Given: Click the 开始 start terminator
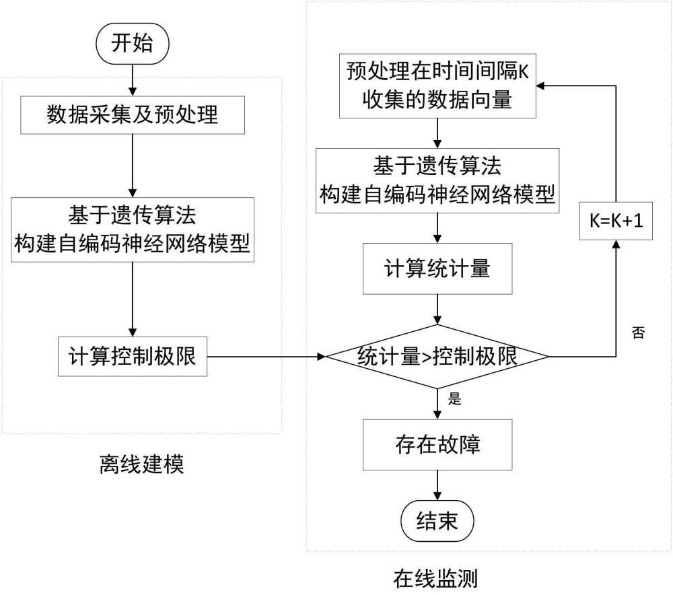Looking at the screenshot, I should pos(133,44).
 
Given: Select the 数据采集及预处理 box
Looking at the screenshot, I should pos(133,114).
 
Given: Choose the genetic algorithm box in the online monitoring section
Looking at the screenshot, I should pos(438,181).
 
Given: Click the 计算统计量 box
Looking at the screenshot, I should pos(438,269).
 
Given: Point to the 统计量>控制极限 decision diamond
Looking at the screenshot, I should pos(438,356).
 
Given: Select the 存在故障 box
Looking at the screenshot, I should pos(438,445).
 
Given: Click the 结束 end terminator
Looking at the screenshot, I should pos(438,521).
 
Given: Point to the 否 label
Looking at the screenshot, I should pos(638,332).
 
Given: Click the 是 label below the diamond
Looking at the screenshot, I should pos(456,399).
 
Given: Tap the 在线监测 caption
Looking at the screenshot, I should pos(438,577).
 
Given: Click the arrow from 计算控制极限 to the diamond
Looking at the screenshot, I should pos(269,356).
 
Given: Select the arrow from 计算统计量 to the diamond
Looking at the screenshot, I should pos(438,309).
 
